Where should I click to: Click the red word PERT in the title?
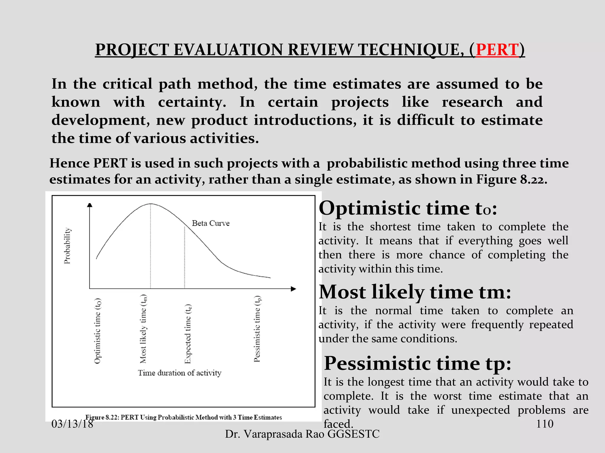point(497,50)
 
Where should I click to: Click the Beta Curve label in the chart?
point(211,223)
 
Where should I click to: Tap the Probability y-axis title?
point(67,245)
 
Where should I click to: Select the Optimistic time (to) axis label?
point(97,331)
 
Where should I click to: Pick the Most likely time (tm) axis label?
point(143,329)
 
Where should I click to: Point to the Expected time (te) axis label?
point(188,334)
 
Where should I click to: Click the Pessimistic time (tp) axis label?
point(257,329)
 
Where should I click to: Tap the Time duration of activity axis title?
point(179,373)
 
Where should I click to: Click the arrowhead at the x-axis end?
point(293,289)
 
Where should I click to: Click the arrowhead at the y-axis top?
point(90,205)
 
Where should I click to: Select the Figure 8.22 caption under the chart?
point(183,417)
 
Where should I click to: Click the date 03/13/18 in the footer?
point(72,424)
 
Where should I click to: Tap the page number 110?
point(544,424)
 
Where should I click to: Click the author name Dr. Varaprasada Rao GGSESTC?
point(302,434)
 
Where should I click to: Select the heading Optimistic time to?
point(408,208)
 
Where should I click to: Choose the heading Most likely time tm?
point(415,292)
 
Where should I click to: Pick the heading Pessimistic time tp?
point(417,363)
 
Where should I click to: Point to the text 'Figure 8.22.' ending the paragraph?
point(511,179)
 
